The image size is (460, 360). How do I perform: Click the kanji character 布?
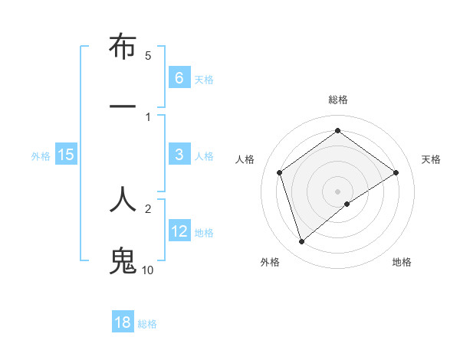123,49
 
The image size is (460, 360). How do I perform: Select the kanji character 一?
123,105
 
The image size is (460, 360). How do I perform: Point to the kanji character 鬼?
123,259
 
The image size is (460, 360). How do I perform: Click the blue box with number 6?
179,78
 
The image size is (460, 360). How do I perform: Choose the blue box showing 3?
179,155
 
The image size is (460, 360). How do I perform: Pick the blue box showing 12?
179,231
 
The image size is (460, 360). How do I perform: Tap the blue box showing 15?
65,155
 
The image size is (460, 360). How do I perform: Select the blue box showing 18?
123,322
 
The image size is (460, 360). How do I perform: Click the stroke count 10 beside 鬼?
147,270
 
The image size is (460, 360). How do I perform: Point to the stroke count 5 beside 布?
148,55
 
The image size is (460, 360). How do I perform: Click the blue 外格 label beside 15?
41,155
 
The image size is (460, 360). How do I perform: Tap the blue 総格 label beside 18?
147,323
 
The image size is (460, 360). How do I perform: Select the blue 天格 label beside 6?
204,79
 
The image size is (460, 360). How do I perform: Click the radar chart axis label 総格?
337,100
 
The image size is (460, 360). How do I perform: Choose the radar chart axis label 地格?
402,262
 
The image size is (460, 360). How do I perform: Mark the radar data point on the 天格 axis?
396,172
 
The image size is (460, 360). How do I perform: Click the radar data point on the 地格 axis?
347,204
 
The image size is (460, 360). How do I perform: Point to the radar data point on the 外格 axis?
301,242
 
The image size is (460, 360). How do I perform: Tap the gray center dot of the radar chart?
337,191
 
